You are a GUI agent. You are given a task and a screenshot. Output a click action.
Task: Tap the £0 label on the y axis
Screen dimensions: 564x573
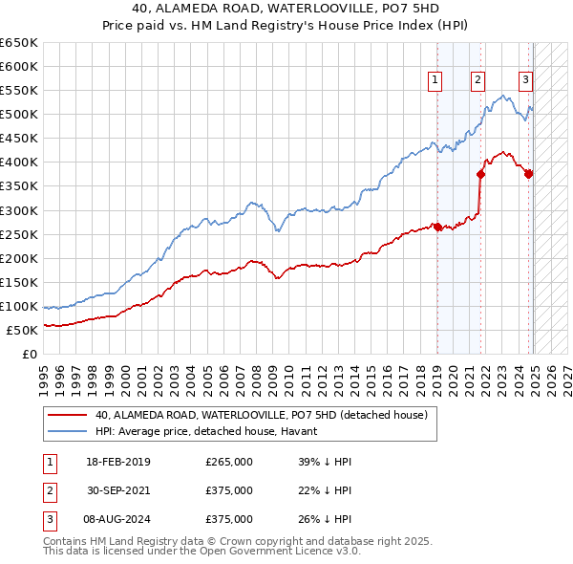tap(31, 354)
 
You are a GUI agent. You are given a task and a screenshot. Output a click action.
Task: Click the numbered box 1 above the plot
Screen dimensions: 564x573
tap(435, 81)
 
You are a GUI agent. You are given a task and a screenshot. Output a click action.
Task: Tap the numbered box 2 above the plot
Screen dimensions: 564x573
tap(477, 81)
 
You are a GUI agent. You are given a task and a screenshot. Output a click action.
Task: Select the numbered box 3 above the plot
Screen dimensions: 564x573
tap(525, 81)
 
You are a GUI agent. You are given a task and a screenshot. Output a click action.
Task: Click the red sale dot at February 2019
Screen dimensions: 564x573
tap(437, 227)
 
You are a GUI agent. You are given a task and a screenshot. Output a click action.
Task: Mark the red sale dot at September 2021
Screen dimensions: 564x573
tap(480, 174)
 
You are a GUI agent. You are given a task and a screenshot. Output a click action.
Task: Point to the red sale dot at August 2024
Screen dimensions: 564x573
tap(528, 174)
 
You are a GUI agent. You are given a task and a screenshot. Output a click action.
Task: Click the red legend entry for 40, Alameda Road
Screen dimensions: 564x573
tap(266, 415)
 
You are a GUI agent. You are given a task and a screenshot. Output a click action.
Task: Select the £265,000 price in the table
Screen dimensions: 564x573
tap(229, 462)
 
